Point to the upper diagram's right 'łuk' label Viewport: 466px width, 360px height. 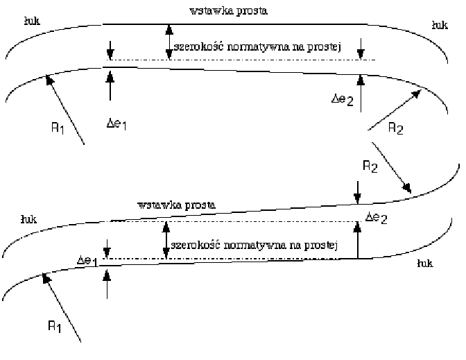pyautogui.click(x=438, y=24)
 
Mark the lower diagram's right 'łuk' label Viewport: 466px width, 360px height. pyautogui.click(x=426, y=264)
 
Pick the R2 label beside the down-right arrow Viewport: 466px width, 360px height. pyautogui.click(x=370, y=166)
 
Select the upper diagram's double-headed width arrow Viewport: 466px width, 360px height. pyautogui.click(x=169, y=42)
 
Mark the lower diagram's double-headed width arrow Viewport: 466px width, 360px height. pyautogui.click(x=165, y=240)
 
